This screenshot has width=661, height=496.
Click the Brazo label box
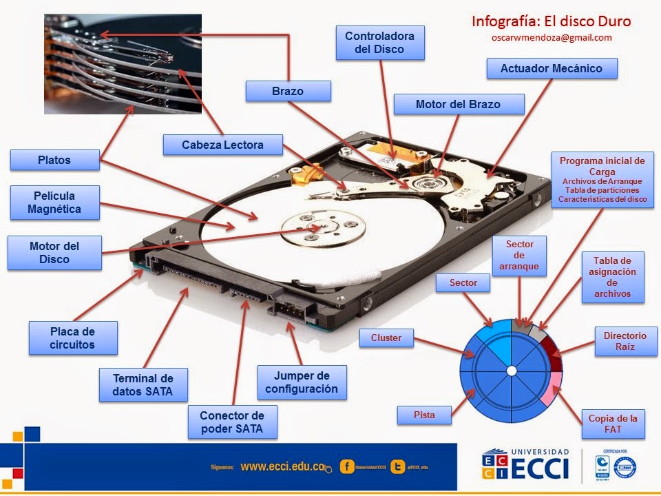[x=288, y=91]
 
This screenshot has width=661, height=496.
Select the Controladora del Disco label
[x=380, y=42]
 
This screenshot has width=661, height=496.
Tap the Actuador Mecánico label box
[x=551, y=68]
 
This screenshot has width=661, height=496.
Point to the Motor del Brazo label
[x=458, y=104]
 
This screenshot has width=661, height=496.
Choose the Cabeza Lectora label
[x=222, y=145]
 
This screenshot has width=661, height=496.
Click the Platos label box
[x=54, y=161]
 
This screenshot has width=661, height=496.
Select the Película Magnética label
[x=54, y=203]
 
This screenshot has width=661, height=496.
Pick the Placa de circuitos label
[x=72, y=338]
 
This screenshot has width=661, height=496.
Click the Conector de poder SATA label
[x=232, y=422]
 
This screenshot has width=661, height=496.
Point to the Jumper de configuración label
[x=302, y=382]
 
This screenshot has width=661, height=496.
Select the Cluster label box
[x=386, y=338]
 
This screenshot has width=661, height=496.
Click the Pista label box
[x=424, y=415]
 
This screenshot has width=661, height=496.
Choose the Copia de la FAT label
[x=613, y=424]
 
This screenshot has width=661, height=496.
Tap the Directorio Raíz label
[x=625, y=341]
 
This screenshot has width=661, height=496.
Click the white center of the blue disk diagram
[x=511, y=371]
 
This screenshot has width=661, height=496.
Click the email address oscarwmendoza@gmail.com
[x=552, y=38]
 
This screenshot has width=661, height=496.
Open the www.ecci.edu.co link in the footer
[x=282, y=466]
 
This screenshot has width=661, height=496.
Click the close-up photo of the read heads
[x=123, y=63]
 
